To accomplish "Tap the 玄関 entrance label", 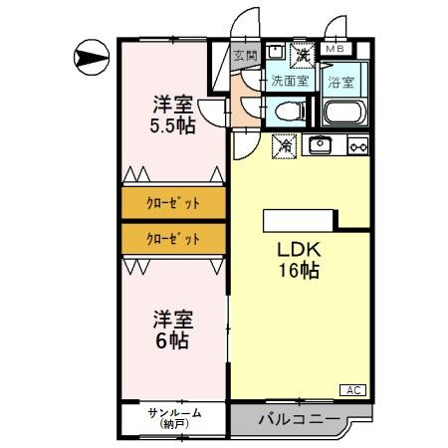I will (245, 56).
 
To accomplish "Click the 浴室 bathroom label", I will (342, 81).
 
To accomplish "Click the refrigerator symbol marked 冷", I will (283, 146).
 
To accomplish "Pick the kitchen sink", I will (321, 146).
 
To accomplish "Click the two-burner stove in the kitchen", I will (356, 146).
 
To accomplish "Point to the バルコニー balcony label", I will (295, 419).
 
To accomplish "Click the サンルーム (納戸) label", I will (174, 418).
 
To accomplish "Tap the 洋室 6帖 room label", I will (172, 330).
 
